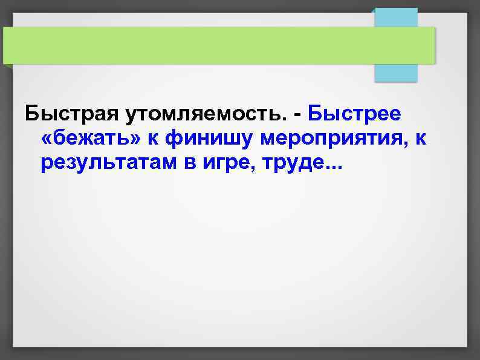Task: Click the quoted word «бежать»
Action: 93,139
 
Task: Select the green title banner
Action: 218,45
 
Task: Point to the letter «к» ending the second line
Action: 421,140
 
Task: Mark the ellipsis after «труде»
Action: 332,169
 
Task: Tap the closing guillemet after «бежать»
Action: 138,140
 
